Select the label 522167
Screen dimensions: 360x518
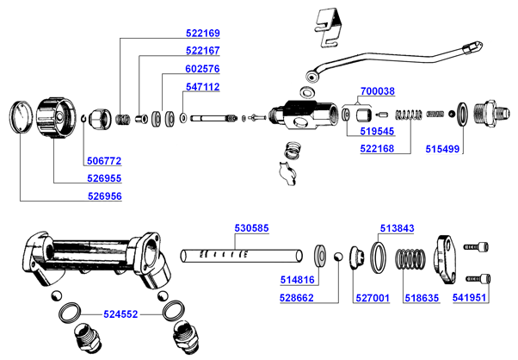pos(203,51)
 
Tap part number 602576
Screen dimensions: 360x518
pos(203,69)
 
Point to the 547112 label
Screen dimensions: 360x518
pos(203,87)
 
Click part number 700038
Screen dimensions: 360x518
pos(378,90)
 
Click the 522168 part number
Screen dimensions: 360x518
pos(377,149)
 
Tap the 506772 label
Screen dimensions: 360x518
pos(104,161)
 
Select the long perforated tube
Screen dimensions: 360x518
pos(243,256)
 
